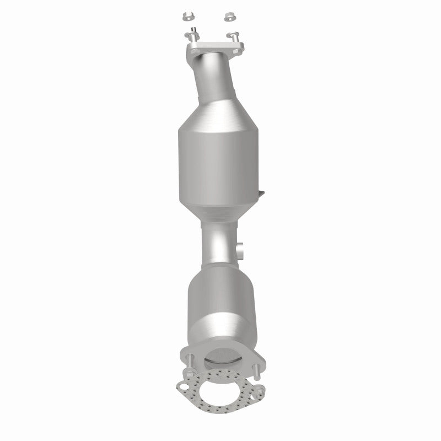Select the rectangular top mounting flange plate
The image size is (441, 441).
tap(212, 47)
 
